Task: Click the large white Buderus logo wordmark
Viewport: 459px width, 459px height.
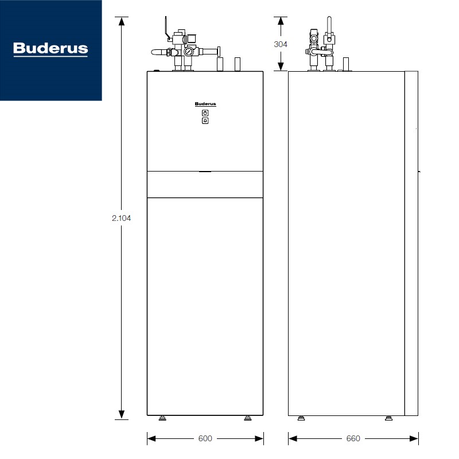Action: pos(50,49)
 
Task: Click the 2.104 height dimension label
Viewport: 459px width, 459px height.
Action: pos(121,218)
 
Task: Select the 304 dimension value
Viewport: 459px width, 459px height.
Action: pos(281,44)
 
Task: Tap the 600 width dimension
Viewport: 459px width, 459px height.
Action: pos(205,438)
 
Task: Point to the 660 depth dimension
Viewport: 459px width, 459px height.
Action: pos(353,438)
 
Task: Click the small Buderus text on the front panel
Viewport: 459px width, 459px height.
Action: pos(205,104)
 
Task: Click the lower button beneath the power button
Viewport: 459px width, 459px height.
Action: pos(205,120)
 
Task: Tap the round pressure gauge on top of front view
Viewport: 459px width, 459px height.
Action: pos(188,52)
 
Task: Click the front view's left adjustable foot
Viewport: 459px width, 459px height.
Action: pos(162,418)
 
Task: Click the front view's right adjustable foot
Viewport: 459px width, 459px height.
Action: pos(248,418)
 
